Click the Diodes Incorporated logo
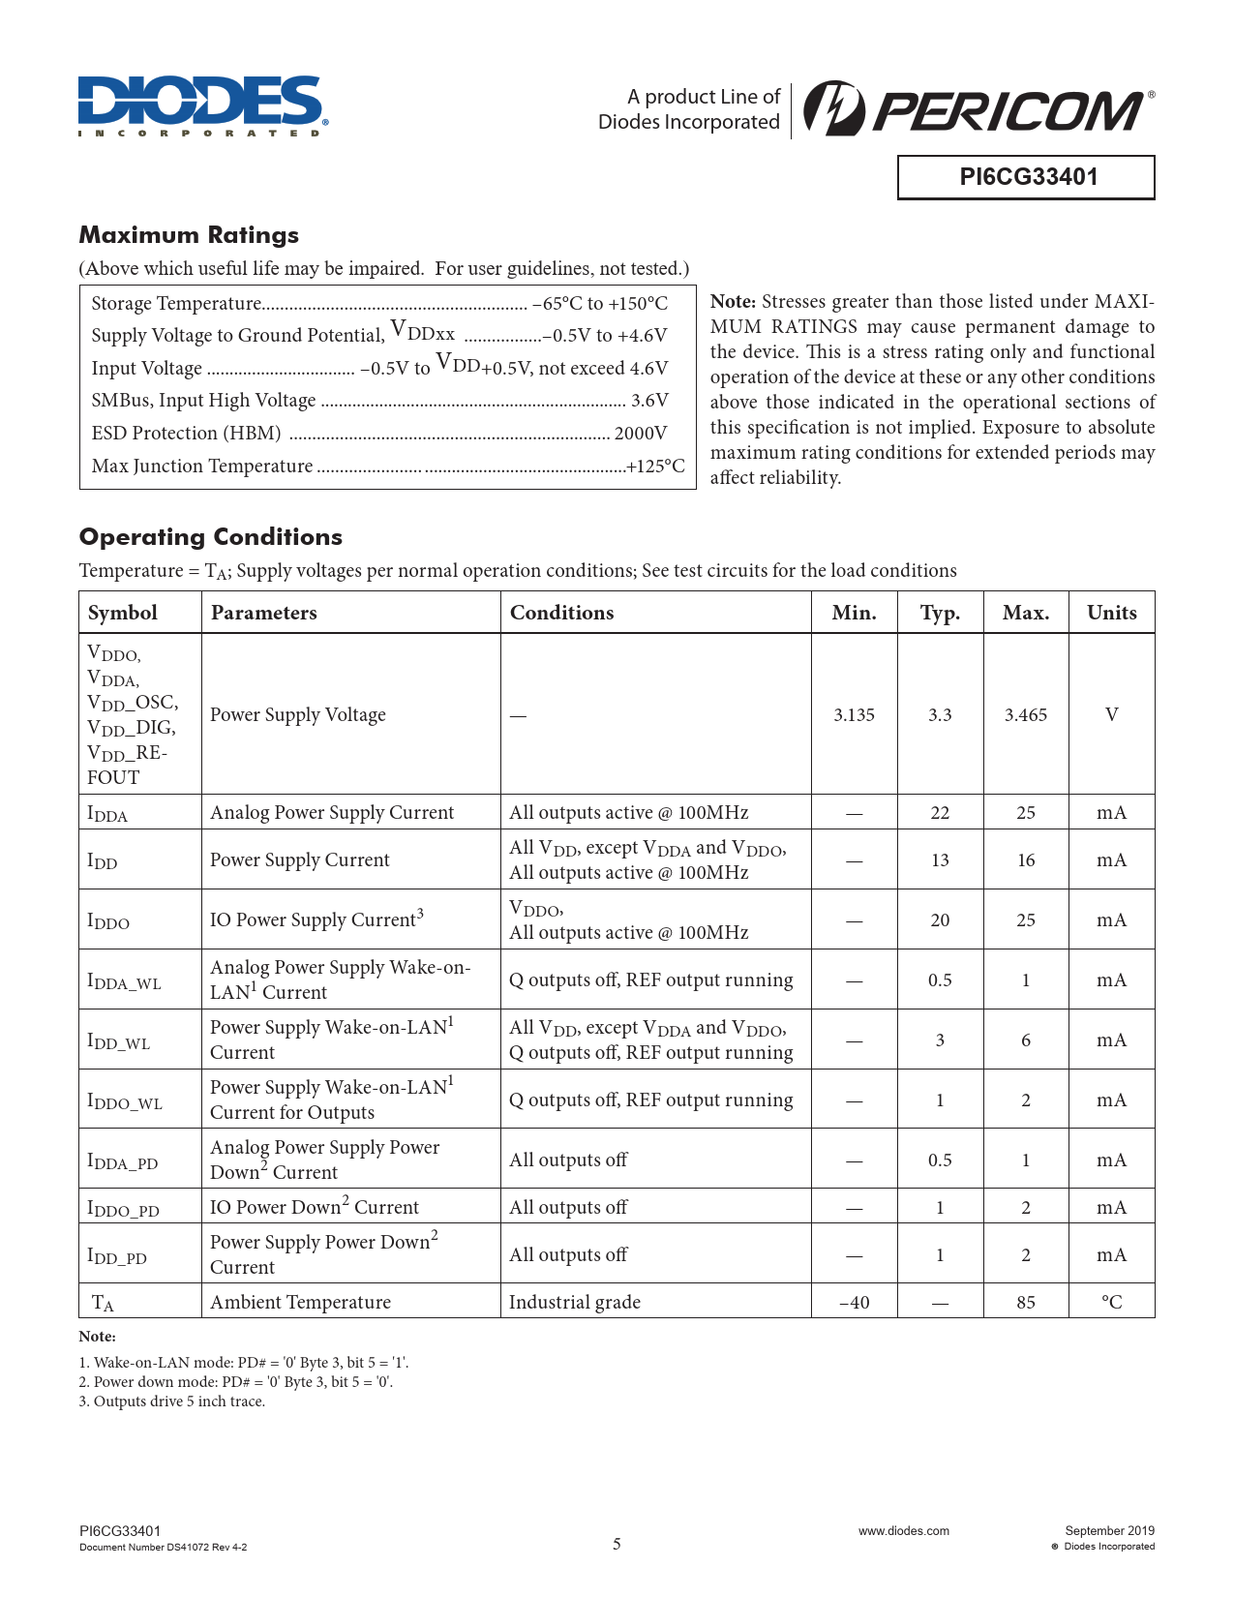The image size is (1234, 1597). click(202, 106)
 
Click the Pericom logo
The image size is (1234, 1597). click(978, 109)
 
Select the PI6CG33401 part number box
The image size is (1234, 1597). click(1026, 177)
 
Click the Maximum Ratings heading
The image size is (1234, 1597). click(189, 235)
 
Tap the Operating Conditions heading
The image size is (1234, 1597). click(211, 537)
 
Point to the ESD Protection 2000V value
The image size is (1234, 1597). click(641, 434)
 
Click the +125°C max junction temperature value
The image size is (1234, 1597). click(656, 467)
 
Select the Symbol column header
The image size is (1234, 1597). click(123, 613)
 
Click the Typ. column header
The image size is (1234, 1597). click(940, 613)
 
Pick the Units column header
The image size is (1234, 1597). click(1111, 613)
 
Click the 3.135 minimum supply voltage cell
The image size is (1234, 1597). click(854, 715)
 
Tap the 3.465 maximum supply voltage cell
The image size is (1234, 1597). click(1026, 715)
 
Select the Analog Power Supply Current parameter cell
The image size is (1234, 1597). click(332, 813)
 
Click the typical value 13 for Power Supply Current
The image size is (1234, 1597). click(940, 860)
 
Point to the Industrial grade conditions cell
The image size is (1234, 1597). click(575, 1303)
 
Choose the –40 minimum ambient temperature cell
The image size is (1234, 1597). click(854, 1303)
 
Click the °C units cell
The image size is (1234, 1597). click(1111, 1303)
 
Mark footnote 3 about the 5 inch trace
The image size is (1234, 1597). click(171, 1401)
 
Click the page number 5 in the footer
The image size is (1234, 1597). click(617, 1544)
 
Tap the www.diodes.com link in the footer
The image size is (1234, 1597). click(904, 1531)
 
